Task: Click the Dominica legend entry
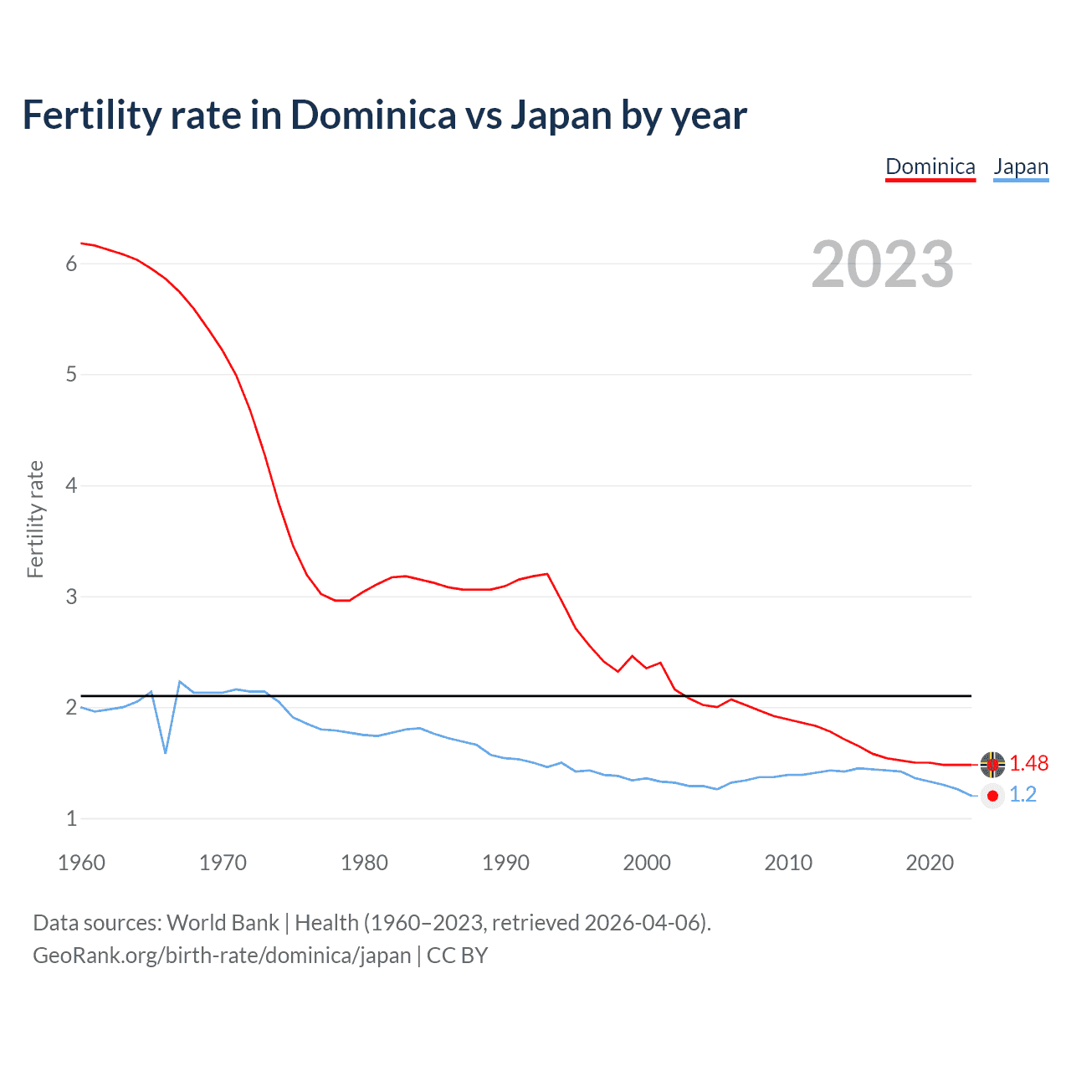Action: pyautogui.click(x=930, y=167)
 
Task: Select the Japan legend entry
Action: pyautogui.click(x=1021, y=167)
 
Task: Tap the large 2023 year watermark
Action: pyautogui.click(x=883, y=264)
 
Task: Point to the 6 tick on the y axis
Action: pyautogui.click(x=71, y=264)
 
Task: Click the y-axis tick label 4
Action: pyautogui.click(x=71, y=485)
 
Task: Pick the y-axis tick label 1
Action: pyautogui.click(x=71, y=818)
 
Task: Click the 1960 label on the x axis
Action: pyautogui.click(x=81, y=863)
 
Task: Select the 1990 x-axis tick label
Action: pyautogui.click(x=505, y=863)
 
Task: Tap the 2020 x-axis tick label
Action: pyautogui.click(x=930, y=863)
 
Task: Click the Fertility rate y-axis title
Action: pyautogui.click(x=35, y=519)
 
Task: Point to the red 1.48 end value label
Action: pyautogui.click(x=1028, y=763)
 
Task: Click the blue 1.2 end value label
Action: pyautogui.click(x=1022, y=795)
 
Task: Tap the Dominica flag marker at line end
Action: pyautogui.click(x=992, y=764)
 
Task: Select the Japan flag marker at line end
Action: pyautogui.click(x=992, y=796)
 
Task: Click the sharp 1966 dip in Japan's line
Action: pyautogui.click(x=166, y=752)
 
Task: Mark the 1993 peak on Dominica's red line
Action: pyautogui.click(x=547, y=574)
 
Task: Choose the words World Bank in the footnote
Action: pyautogui.click(x=223, y=923)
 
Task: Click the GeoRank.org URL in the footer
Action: pyautogui.click(x=222, y=956)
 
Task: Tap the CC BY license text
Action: pyautogui.click(x=458, y=956)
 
